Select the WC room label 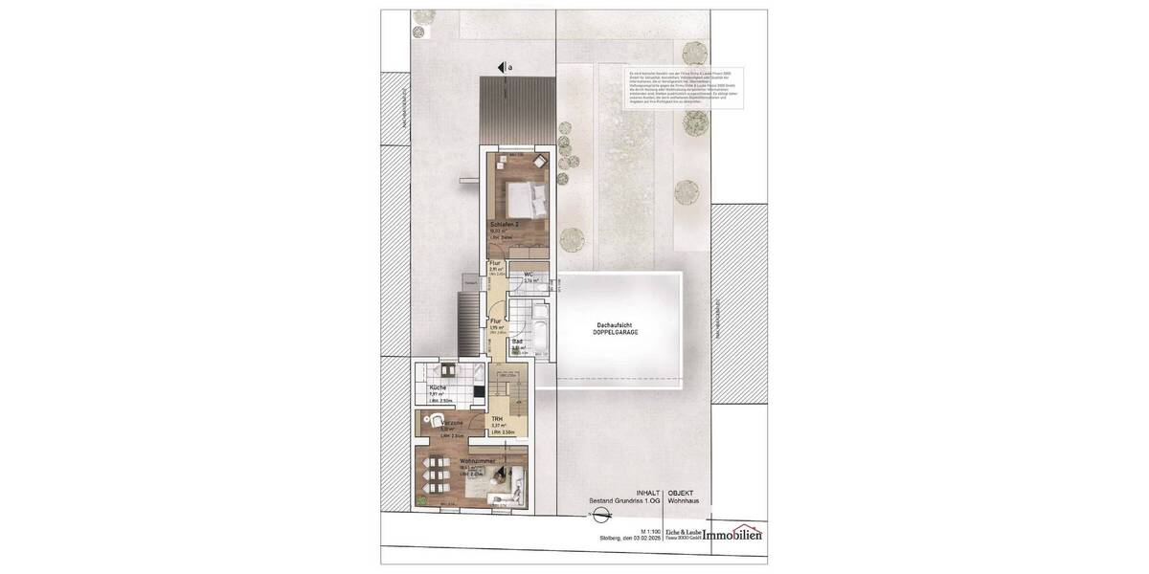click(x=528, y=275)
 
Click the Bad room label click(x=517, y=342)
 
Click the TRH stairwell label click(x=497, y=419)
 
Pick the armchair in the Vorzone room click(x=436, y=420)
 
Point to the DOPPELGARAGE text click(x=614, y=333)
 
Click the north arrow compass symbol click(x=599, y=517)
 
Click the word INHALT click(x=648, y=491)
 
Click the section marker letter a click(x=510, y=67)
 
